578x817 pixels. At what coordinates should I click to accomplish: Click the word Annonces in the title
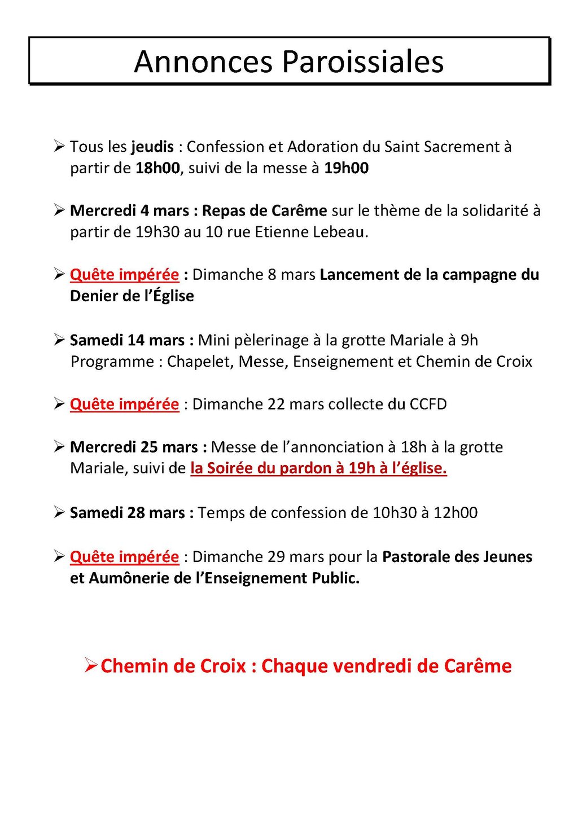click(204, 62)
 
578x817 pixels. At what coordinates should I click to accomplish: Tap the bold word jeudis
click(152, 147)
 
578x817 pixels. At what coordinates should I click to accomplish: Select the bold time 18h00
click(157, 168)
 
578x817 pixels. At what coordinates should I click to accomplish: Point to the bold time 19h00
click(346, 168)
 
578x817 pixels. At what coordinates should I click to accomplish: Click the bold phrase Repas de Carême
click(264, 210)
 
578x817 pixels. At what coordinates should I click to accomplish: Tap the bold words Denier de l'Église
click(132, 296)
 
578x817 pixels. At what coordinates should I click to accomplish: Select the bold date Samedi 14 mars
click(132, 340)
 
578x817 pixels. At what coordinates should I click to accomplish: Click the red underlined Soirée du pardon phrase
click(318, 468)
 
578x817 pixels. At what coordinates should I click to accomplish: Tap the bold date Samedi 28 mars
click(132, 512)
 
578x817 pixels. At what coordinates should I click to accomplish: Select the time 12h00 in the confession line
click(455, 512)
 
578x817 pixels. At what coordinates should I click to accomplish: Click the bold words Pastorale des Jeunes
click(457, 557)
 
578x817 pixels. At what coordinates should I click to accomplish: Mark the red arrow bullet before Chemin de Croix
click(91, 665)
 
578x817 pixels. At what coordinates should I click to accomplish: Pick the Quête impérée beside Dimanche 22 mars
click(124, 404)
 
